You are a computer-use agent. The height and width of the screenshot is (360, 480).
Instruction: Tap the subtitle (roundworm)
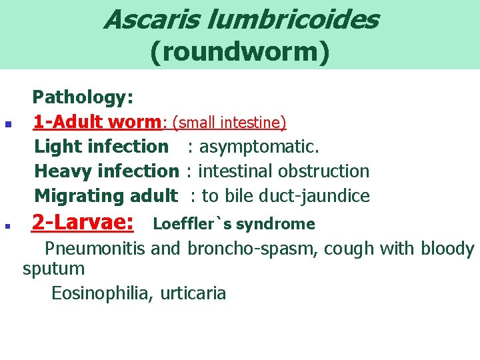tap(240, 52)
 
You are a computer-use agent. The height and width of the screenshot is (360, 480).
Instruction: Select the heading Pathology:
tap(84, 98)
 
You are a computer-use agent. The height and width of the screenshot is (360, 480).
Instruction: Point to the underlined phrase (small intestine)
tap(229, 123)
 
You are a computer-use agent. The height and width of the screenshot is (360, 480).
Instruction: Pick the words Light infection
tap(101, 147)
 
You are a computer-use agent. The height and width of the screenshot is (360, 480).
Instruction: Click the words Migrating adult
tap(106, 196)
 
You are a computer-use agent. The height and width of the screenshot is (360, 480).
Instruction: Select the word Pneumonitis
tap(95, 249)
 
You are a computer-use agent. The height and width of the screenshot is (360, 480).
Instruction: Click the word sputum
tap(53, 269)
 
